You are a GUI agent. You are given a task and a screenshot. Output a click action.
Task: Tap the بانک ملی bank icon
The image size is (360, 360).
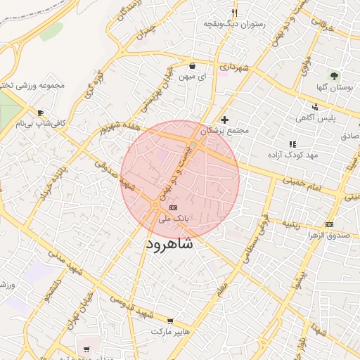pos(173,207)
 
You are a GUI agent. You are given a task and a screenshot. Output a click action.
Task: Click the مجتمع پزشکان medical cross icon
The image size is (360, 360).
pos(225,120)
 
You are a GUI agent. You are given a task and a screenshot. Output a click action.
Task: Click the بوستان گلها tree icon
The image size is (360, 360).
pos(334,76)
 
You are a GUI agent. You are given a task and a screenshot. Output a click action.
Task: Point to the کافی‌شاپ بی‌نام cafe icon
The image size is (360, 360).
pos(40,112)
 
